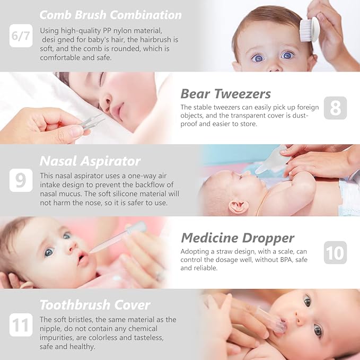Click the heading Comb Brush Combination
point(110,14)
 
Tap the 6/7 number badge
point(21,36)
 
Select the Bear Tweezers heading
point(225,94)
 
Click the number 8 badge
point(335,108)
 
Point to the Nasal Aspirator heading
point(90,161)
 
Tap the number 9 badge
point(21,180)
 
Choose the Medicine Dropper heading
point(237,238)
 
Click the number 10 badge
point(335,252)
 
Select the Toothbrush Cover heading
point(95,305)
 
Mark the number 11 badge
point(21,324)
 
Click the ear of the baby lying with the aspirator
point(236,205)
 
